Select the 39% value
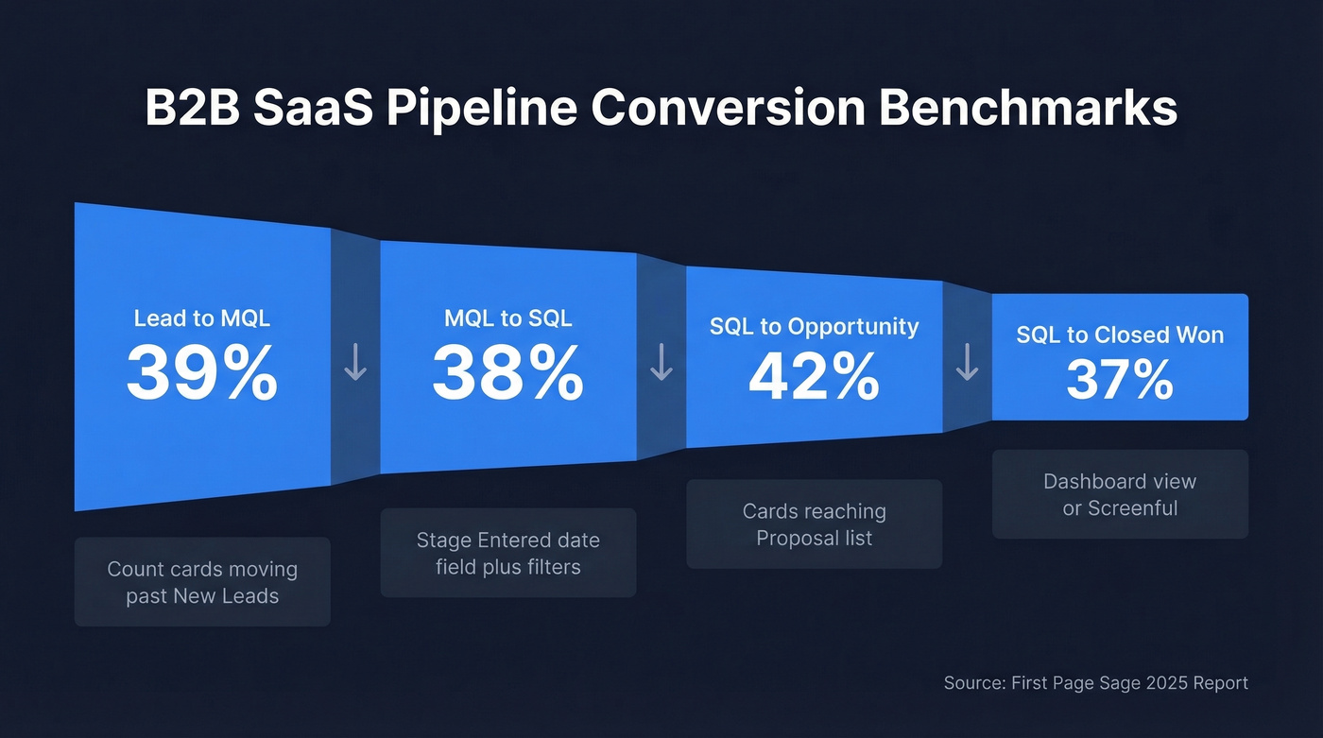pyautogui.click(x=202, y=374)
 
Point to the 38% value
pyautogui.click(x=507, y=374)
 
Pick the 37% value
pyautogui.click(x=1120, y=380)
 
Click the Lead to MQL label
pyautogui.click(x=202, y=318)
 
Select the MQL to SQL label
pyautogui.click(x=507, y=318)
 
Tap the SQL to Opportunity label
pyautogui.click(x=814, y=327)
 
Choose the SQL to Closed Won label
pyautogui.click(x=1120, y=335)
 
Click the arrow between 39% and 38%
pyautogui.click(x=355, y=363)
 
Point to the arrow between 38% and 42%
pyautogui.click(x=661, y=363)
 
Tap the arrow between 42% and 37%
pyautogui.click(x=967, y=363)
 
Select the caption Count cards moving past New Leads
pyautogui.click(x=202, y=582)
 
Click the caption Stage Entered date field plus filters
pyautogui.click(x=507, y=553)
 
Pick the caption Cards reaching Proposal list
pyautogui.click(x=814, y=524)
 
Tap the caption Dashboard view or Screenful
pyautogui.click(x=1120, y=494)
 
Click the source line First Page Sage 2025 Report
pyautogui.click(x=1095, y=682)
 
